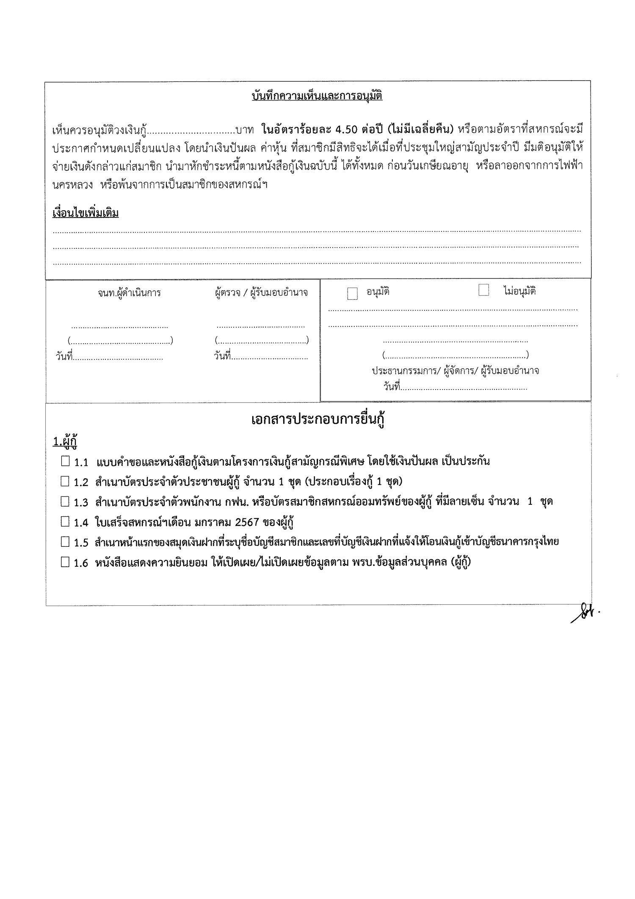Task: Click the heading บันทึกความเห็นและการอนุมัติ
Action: (x=317, y=96)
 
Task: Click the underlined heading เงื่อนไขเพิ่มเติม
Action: (x=85, y=213)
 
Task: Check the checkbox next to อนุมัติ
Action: (x=352, y=294)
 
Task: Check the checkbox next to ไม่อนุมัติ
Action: (x=483, y=290)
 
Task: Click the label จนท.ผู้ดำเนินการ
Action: (x=129, y=293)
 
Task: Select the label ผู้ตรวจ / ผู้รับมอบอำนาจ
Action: (x=261, y=292)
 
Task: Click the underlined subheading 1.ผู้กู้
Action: (x=65, y=442)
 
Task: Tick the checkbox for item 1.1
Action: (x=65, y=461)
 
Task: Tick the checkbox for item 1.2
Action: (x=65, y=482)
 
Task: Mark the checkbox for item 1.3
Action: (x=65, y=502)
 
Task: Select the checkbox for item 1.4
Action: (x=65, y=522)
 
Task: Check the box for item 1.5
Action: (x=65, y=542)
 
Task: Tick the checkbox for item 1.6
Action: (x=65, y=562)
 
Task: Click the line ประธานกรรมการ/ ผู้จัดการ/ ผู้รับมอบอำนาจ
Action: (x=455, y=371)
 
